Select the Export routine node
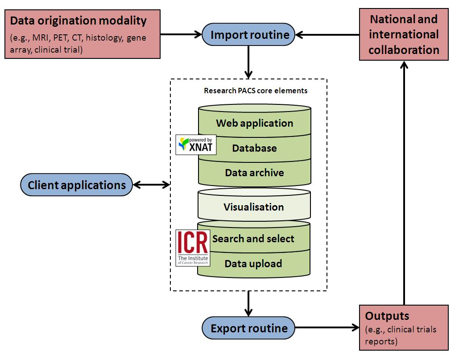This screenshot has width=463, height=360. pyautogui.click(x=248, y=329)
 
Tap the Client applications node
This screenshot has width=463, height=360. pyautogui.click(x=77, y=185)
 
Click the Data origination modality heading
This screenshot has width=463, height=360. pyautogui.click(x=78, y=21)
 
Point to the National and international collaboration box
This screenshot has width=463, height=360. pyautogui.click(x=404, y=35)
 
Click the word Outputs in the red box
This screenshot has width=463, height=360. pyautogui.click(x=387, y=316)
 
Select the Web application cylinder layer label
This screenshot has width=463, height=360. pyautogui.click(x=254, y=123)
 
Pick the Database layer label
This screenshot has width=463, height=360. pyautogui.click(x=254, y=148)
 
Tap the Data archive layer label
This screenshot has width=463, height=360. pyautogui.click(x=254, y=173)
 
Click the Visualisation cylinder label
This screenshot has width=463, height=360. pyautogui.click(x=253, y=207)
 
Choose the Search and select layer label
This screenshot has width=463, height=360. pyautogui.click(x=253, y=239)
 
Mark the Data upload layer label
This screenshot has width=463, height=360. pyautogui.click(x=253, y=264)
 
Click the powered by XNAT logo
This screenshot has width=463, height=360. pyautogui.click(x=196, y=145)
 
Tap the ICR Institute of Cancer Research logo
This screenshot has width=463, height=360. pyautogui.click(x=192, y=248)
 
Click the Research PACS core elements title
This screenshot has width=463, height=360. pyautogui.click(x=255, y=91)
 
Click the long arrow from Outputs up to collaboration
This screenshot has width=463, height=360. pyautogui.click(x=404, y=183)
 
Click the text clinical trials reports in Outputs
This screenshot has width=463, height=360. pyautogui.click(x=401, y=335)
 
